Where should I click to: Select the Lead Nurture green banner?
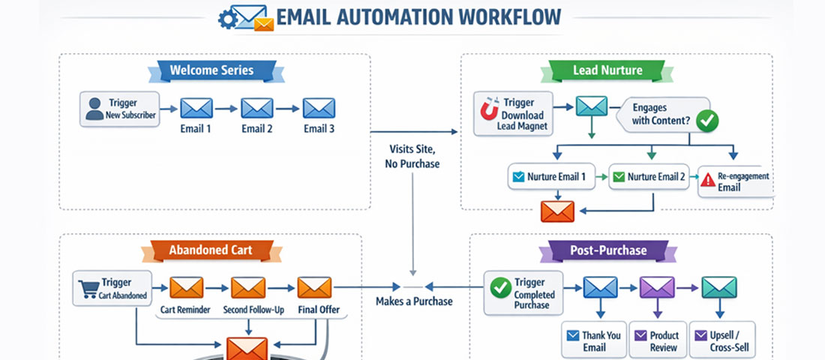tap(607, 70)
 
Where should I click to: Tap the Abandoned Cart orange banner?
tap(210, 250)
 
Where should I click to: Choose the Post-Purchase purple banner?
tap(607, 250)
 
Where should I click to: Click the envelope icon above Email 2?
tap(257, 108)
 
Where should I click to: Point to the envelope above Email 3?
tap(319, 108)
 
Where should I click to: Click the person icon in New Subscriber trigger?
tap(94, 108)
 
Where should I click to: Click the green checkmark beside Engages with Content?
tap(706, 119)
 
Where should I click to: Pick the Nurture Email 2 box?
tap(649, 178)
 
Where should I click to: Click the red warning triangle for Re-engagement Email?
tap(707, 180)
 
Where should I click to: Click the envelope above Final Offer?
tap(314, 288)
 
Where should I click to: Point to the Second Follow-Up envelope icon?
tap(247, 288)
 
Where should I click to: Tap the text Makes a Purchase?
tap(414, 301)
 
